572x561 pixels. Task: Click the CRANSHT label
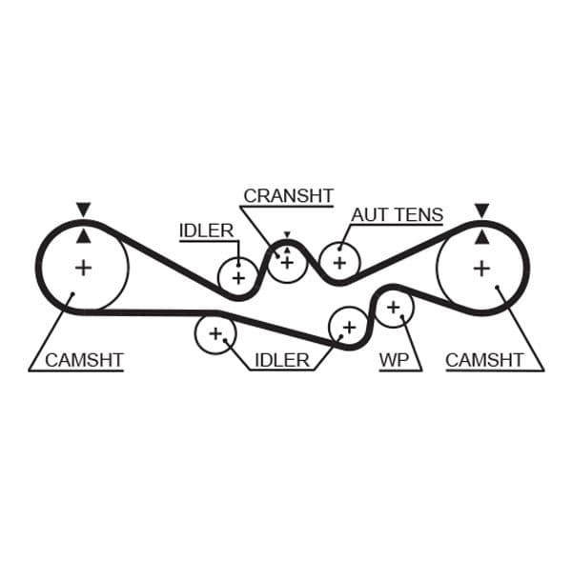[x=288, y=195]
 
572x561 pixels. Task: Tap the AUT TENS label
[x=397, y=214]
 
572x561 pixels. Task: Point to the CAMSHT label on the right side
[x=484, y=360]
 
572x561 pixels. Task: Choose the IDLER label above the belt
[x=206, y=230]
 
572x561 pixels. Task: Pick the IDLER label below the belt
[x=281, y=360]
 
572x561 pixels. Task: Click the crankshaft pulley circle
[x=286, y=262]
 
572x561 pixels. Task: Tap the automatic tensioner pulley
[x=337, y=262]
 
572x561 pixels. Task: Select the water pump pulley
[x=393, y=307]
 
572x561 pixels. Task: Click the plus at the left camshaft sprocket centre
[x=84, y=268]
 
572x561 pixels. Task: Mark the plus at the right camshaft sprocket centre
[x=482, y=268]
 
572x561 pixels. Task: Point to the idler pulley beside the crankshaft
[x=237, y=277]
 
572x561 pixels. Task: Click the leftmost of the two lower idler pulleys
[x=214, y=333]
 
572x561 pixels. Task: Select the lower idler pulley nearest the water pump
[x=348, y=327]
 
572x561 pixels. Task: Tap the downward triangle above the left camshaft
[x=84, y=209]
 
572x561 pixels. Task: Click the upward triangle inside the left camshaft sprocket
[x=84, y=234]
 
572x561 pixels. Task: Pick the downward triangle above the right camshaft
[x=482, y=209]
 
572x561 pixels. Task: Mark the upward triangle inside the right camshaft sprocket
[x=482, y=234]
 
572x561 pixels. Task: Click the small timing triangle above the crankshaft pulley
[x=286, y=235]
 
